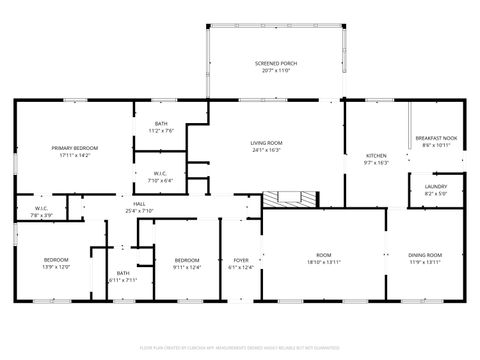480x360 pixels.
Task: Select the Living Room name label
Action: (266, 142)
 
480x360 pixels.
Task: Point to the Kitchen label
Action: (376, 155)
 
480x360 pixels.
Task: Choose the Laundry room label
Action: (435, 186)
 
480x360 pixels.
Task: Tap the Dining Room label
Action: (425, 255)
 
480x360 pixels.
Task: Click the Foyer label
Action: (241, 260)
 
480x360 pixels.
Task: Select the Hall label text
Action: (139, 204)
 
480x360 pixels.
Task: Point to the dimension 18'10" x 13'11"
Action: (324, 262)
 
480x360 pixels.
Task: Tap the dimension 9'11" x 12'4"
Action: (187, 266)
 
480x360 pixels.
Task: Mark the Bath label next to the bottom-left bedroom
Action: (122, 273)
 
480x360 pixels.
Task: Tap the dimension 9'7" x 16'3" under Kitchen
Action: (376, 162)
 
